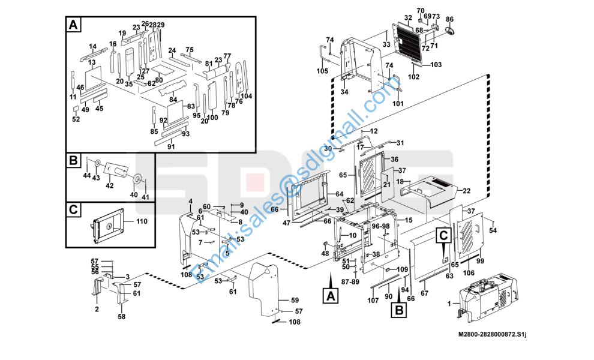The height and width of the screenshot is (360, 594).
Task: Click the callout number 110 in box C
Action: [142, 221]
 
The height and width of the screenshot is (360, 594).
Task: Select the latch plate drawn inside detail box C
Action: [107, 226]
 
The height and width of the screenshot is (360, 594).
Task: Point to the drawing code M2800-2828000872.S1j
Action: [493, 334]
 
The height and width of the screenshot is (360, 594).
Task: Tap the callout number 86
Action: [449, 19]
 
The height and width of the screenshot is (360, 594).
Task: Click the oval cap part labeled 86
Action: [449, 31]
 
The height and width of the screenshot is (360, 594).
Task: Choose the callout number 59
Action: [295, 300]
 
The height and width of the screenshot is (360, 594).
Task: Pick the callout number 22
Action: [466, 191]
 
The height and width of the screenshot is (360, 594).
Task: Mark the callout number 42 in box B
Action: [109, 185]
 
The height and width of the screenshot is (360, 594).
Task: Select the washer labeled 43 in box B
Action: [97, 163]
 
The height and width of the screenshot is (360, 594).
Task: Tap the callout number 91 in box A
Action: [171, 146]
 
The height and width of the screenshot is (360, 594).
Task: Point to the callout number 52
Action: [76, 119]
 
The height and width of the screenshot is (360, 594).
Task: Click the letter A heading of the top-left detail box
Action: [73, 25]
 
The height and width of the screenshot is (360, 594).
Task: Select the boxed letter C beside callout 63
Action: [443, 235]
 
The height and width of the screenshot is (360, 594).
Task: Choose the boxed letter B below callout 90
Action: [399, 310]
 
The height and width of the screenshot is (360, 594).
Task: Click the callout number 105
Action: [322, 71]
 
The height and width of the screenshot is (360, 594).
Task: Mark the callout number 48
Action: [325, 253]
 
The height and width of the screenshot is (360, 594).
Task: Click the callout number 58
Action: [121, 316]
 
